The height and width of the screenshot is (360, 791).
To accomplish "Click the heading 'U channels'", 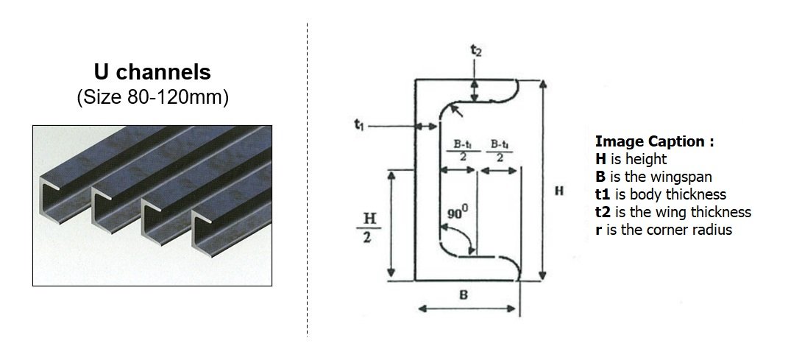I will pos(152,72).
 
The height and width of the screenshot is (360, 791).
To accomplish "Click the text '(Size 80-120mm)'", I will pos(152,98).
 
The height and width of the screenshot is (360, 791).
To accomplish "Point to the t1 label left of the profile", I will pos(358,125).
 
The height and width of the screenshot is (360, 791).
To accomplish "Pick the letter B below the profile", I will pos(465,294).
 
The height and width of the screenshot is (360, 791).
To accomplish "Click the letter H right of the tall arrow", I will pos(559,191).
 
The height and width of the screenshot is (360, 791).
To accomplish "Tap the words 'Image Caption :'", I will pos(654,141).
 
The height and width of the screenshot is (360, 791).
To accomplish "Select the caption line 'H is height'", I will pos(631,159).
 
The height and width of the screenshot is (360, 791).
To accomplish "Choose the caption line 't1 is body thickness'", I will pos(660,194).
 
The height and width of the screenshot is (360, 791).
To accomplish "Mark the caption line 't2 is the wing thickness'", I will pos(673,212).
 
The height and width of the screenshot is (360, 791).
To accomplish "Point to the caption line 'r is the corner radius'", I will pos(664,230).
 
